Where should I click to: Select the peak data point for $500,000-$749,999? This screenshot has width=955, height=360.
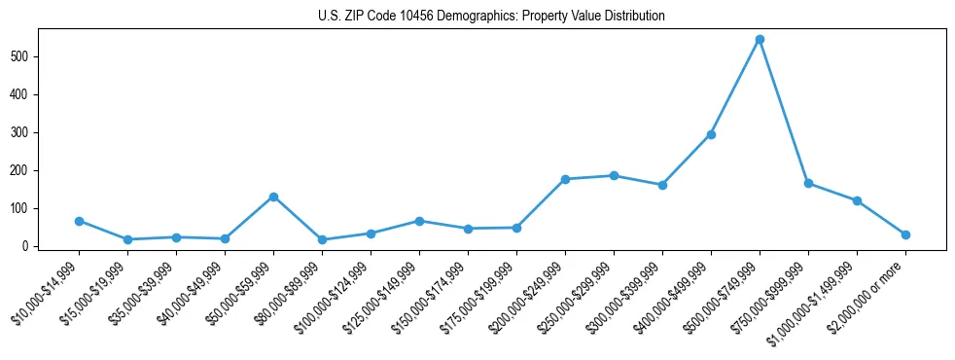coord(760,40)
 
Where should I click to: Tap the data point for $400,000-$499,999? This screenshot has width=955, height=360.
coord(711,134)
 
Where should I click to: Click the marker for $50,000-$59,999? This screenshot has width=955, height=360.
coord(273,197)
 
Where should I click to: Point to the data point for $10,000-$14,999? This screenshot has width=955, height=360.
coord(79,221)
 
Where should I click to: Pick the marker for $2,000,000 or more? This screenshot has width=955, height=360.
coord(905,234)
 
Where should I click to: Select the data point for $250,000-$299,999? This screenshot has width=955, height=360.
coord(614,176)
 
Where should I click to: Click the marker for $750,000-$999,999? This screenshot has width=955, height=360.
coord(808,183)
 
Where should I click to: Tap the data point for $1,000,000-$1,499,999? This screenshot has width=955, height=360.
coord(857,200)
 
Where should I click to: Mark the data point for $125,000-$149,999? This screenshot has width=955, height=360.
coord(419,221)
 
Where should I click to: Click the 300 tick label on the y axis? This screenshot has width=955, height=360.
coord(24,132)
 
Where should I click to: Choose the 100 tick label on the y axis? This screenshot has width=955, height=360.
coord(24,208)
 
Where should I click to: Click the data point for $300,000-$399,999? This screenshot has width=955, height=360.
coord(662,185)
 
